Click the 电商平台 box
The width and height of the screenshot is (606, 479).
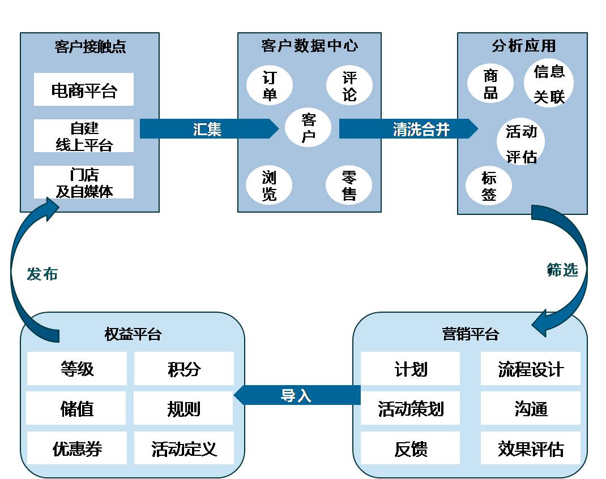(x=84, y=89)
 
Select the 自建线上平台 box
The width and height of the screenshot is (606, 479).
(x=84, y=136)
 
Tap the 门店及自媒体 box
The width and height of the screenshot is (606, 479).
(x=84, y=182)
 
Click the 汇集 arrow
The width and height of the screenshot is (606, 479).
(x=209, y=128)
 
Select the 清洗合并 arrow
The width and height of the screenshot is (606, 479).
(x=408, y=128)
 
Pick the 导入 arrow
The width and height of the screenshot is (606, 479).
(x=297, y=395)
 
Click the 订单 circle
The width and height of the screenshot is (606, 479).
(x=270, y=85)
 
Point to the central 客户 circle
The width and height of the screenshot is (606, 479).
(x=308, y=127)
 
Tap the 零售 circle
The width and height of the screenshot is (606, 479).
(x=349, y=185)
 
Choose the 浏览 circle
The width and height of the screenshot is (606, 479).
(x=269, y=185)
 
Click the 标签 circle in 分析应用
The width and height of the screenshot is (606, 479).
(x=489, y=185)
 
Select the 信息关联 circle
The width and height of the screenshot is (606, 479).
(x=549, y=83)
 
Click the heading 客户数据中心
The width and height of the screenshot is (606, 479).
(x=310, y=46)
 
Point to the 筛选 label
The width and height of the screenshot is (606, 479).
(x=562, y=269)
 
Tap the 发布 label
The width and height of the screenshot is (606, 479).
(x=42, y=274)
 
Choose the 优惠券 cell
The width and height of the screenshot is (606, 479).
(x=77, y=448)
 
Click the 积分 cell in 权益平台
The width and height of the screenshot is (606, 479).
(x=184, y=368)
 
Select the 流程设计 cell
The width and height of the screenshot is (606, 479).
(x=531, y=368)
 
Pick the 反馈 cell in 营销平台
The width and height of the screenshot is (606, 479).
(x=411, y=448)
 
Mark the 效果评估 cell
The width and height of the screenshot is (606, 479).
(x=531, y=448)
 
